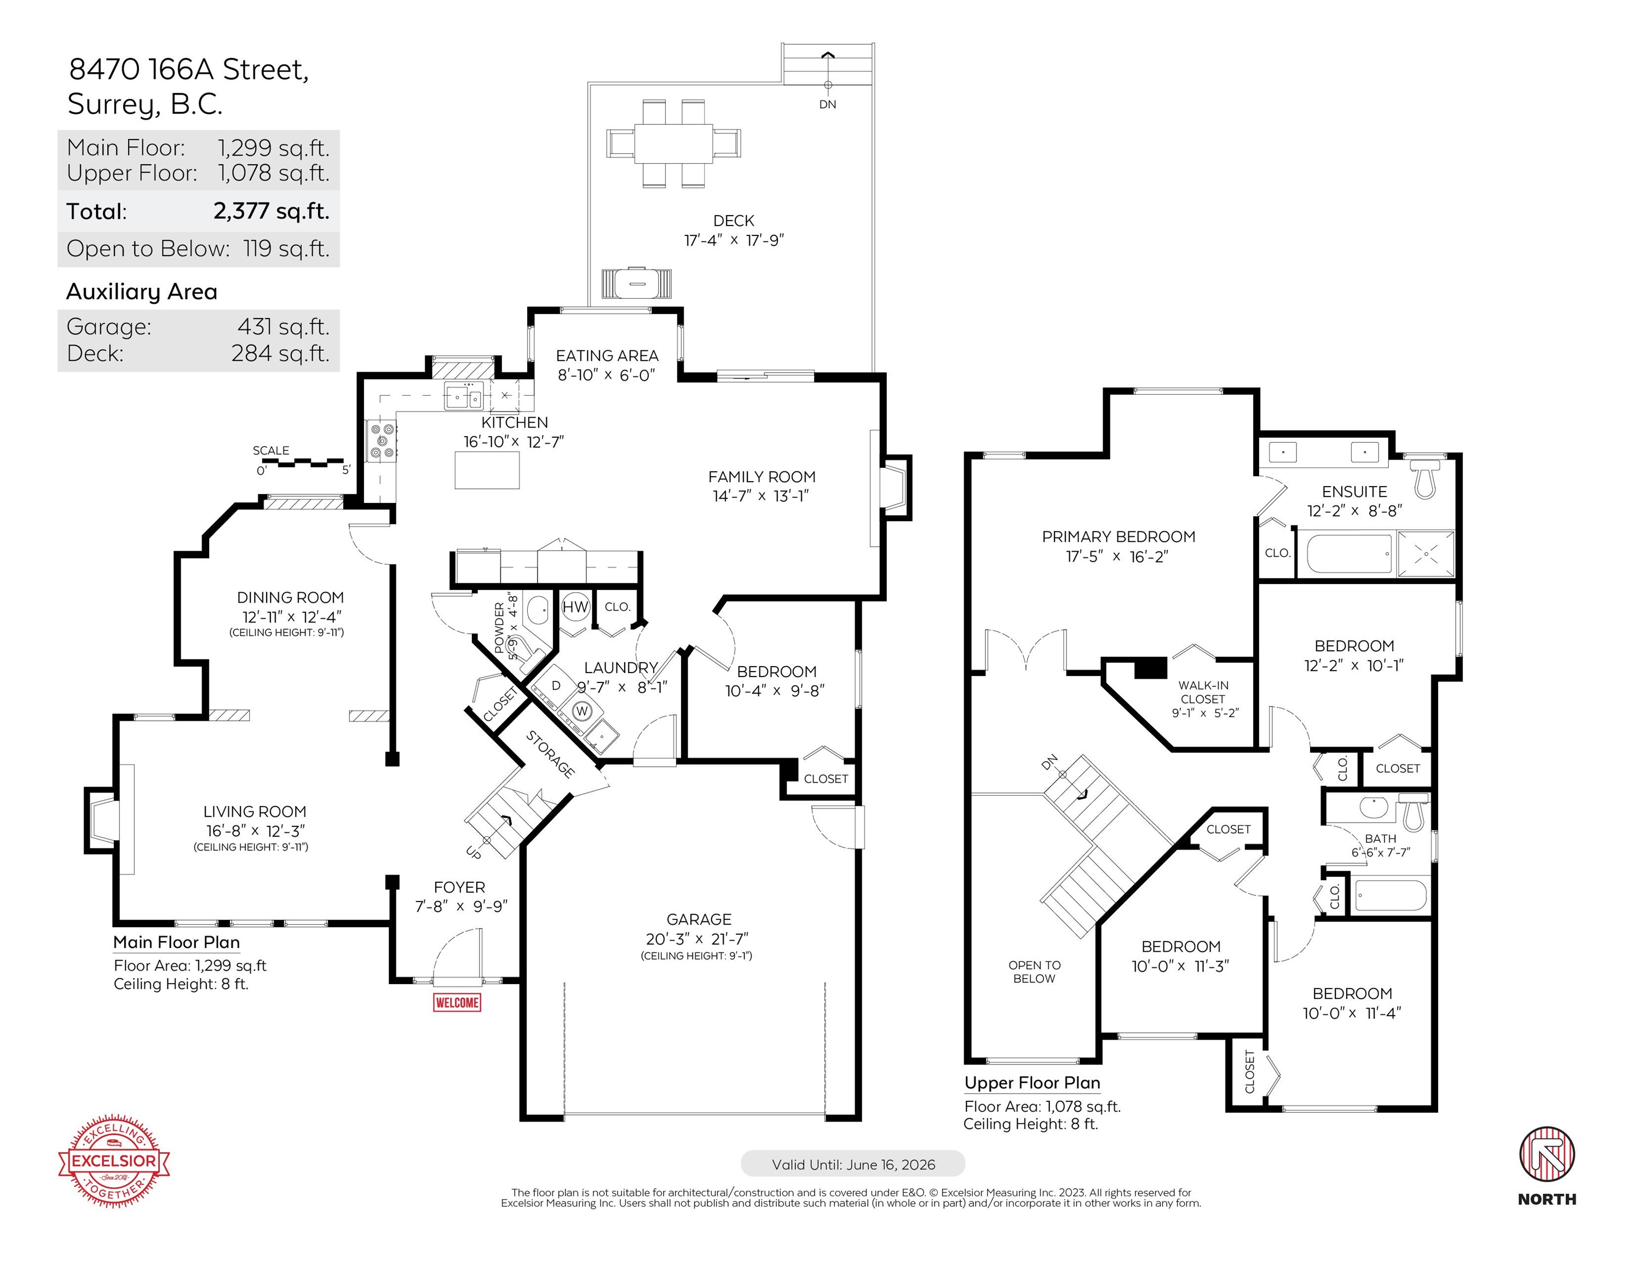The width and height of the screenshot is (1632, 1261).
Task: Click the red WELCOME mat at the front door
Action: [457, 1002]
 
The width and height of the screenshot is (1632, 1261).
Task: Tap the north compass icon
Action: [1547, 1155]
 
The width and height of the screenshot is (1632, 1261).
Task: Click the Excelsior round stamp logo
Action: [113, 1161]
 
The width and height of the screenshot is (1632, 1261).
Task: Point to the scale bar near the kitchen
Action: [303, 463]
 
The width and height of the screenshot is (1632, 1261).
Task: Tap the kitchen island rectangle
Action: [487, 470]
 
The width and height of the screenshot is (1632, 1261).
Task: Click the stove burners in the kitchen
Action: [382, 441]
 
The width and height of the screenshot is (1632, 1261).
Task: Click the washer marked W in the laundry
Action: [582, 710]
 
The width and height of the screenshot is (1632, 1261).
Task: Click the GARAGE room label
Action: [699, 919]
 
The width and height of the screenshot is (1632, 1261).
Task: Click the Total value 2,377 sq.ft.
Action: [271, 211]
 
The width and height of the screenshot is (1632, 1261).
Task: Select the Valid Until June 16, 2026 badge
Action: [852, 1164]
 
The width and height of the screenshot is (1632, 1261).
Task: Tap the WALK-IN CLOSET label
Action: [1203, 692]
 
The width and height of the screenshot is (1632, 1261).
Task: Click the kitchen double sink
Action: [463, 397]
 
